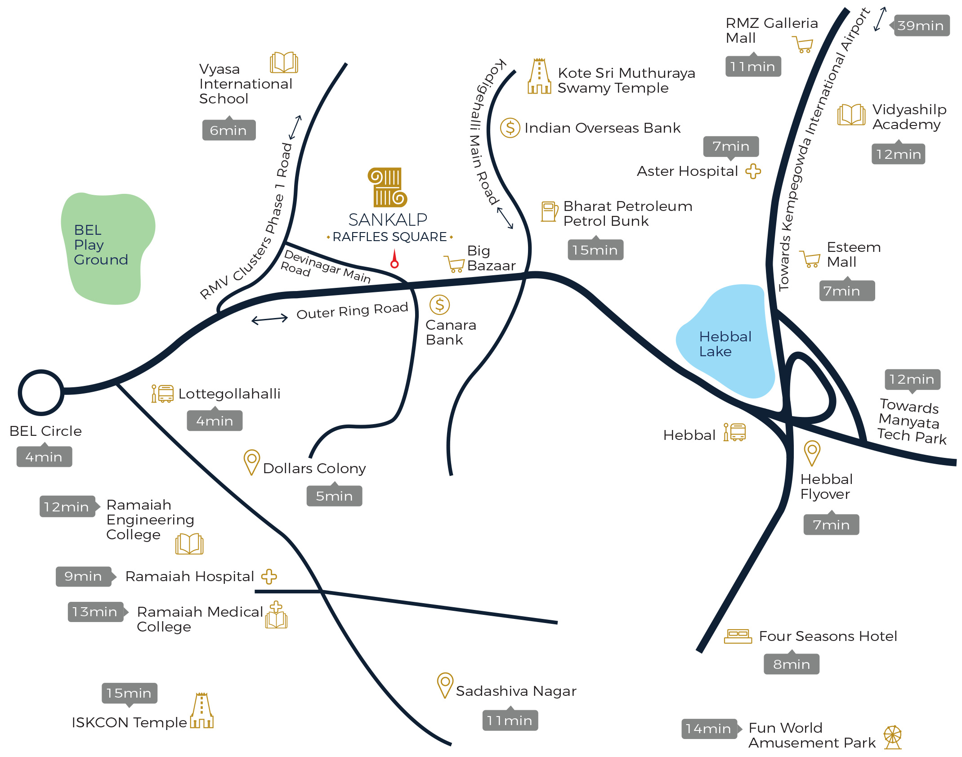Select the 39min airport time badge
click(x=921, y=26)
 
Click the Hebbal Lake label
click(x=725, y=344)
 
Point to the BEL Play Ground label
click(x=100, y=245)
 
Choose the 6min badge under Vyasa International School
click(x=228, y=130)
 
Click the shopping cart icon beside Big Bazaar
click(x=455, y=264)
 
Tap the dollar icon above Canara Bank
click(x=439, y=305)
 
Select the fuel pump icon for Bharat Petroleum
click(x=549, y=211)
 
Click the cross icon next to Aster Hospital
click(x=753, y=171)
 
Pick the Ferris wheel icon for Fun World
click(x=892, y=737)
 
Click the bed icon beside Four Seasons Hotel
click(x=738, y=636)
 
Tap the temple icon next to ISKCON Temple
click(x=201, y=711)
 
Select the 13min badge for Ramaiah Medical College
click(x=95, y=612)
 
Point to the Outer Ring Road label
click(x=352, y=310)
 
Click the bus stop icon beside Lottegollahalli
click(x=162, y=394)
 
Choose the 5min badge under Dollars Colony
click(x=334, y=496)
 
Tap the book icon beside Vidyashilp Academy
click(x=851, y=115)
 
